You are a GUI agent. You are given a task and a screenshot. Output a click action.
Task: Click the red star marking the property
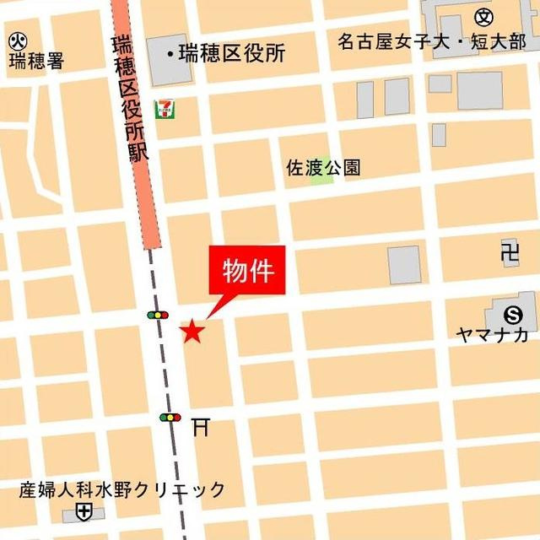[x=192, y=332]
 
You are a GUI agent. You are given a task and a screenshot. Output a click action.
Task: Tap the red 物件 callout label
[x=248, y=272]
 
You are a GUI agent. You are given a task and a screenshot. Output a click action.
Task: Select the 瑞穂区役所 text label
[x=230, y=54]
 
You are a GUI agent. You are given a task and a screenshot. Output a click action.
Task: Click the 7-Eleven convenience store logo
[x=164, y=107]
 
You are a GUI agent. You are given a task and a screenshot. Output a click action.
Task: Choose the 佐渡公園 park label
[x=323, y=167]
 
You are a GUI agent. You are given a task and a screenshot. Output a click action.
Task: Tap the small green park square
[x=321, y=178]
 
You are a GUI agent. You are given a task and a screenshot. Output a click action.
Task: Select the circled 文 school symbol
[x=483, y=16]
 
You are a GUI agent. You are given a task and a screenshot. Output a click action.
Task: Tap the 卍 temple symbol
[x=509, y=252]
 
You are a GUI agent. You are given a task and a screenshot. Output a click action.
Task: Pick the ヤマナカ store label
[x=492, y=335]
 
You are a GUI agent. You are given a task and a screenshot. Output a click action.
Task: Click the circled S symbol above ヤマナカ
[x=512, y=314]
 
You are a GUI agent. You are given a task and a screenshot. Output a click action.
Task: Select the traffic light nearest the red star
[x=158, y=315]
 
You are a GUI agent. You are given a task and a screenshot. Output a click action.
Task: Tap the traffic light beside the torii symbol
[x=170, y=417]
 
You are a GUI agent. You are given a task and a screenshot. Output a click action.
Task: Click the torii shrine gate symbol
[x=200, y=427]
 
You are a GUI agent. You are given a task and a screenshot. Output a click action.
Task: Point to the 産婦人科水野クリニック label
[x=123, y=489]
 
